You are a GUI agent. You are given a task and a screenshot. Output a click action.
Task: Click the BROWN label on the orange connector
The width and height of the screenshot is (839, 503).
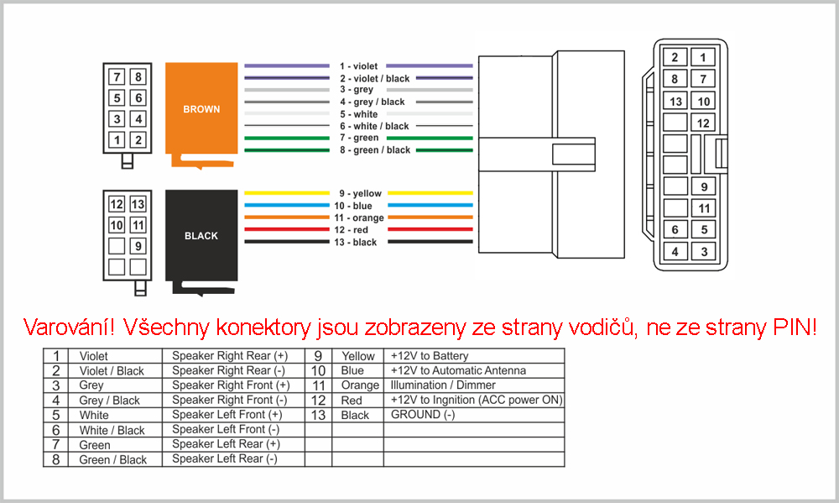tap(201, 109)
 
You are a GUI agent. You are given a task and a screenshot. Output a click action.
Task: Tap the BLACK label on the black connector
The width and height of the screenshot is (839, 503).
tap(201, 236)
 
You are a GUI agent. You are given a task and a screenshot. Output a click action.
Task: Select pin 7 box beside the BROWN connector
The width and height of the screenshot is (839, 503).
tap(117, 76)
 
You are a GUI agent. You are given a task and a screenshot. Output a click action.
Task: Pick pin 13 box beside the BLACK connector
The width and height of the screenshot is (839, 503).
tap(138, 204)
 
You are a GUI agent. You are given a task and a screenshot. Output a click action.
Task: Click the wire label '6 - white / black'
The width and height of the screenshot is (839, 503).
tap(374, 127)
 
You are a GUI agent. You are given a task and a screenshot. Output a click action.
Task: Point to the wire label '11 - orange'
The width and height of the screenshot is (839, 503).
tap(359, 218)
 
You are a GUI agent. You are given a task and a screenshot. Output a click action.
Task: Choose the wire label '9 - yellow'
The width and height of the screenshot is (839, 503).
tap(360, 193)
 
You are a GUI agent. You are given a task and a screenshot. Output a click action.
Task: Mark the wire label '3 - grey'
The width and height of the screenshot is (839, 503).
tap(357, 90)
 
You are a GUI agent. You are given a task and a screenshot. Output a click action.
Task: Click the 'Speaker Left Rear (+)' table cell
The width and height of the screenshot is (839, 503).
tap(226, 444)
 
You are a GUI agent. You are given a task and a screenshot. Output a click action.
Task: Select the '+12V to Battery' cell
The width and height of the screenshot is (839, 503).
tap(430, 356)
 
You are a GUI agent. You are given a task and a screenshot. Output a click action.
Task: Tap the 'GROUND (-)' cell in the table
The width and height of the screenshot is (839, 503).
tap(423, 415)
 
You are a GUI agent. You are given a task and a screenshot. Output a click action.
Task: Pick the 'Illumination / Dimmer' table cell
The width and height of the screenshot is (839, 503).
tap(443, 385)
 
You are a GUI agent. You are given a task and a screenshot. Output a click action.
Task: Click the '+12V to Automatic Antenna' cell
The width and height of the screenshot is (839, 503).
tap(458, 370)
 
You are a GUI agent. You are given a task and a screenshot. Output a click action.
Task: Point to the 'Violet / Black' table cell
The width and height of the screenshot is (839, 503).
tap(112, 370)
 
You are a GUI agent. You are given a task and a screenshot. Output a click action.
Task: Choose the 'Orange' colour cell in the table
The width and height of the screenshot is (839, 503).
tap(360, 385)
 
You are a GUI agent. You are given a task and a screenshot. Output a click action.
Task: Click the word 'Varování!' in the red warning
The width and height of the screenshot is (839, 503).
tap(69, 327)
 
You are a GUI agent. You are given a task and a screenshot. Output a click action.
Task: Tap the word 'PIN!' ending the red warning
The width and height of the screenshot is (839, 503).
tap(795, 327)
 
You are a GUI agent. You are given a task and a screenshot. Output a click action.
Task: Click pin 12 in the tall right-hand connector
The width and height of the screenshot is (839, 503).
tap(703, 123)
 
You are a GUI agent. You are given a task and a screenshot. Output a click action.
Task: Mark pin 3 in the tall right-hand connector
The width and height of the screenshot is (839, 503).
tap(703, 252)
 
